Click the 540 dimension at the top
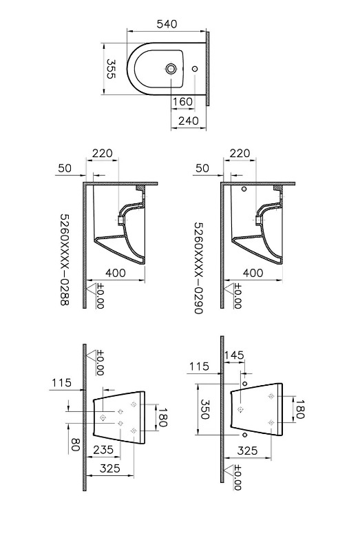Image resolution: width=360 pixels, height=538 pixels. tap(167, 24)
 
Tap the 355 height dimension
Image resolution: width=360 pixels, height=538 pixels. tap(111, 69)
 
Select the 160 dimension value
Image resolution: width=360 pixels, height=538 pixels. tap(182, 101)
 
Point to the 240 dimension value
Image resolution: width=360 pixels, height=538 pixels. tap(189, 121)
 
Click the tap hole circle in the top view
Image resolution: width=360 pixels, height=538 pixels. tap(171, 69)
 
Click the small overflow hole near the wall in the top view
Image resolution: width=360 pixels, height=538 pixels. tap(195, 69)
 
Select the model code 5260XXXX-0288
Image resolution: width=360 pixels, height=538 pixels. tap(65, 260)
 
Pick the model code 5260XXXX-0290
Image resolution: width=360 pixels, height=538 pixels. tap(199, 268)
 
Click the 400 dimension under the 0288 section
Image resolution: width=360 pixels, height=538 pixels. tap(115, 273)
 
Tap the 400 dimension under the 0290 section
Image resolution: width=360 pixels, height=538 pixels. tap(253, 273)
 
